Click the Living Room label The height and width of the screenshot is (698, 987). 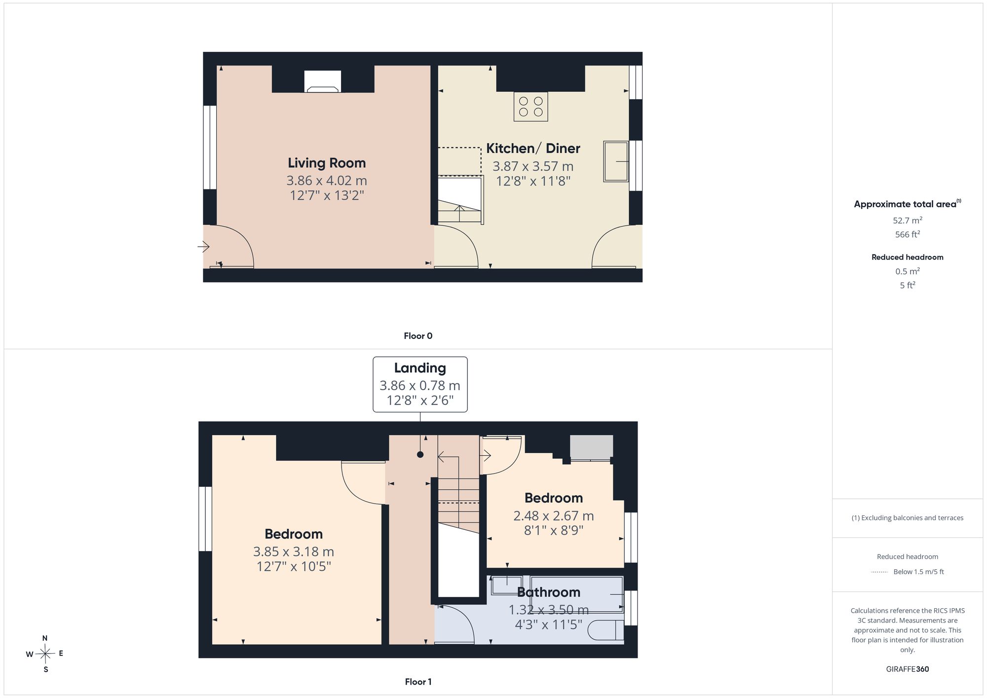point(327,163)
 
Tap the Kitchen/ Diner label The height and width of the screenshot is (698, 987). point(533,148)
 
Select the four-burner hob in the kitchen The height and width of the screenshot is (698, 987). point(531,107)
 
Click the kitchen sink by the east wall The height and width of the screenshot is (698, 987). point(616,161)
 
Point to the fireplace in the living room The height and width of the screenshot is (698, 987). point(323,81)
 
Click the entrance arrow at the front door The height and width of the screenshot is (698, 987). point(204,246)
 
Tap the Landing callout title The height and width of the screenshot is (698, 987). point(420,368)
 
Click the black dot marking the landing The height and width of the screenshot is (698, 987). point(420,455)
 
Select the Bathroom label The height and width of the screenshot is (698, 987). point(549,592)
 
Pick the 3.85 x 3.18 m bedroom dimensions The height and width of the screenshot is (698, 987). point(294,551)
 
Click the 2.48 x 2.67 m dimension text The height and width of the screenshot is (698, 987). point(554,516)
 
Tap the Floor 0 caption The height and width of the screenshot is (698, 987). point(418,336)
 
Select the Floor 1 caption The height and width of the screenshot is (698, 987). point(418,682)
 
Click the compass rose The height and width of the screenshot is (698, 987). point(45,654)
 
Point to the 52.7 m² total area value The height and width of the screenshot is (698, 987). point(908,220)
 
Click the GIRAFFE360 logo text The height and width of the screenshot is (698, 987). point(908,669)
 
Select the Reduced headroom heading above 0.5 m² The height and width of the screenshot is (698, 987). point(908,257)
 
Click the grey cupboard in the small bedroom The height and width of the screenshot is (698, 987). point(592,447)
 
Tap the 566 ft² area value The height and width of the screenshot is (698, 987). point(908,234)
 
